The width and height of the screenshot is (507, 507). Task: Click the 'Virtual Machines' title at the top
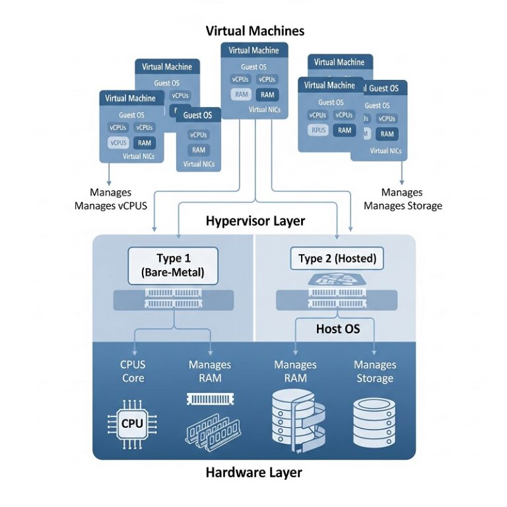[x=255, y=30]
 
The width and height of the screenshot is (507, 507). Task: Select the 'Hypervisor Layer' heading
[x=255, y=220]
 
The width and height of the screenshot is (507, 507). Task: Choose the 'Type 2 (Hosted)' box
[x=337, y=259]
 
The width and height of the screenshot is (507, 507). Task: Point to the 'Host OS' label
[x=338, y=328]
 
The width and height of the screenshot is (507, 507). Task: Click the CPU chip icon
[x=132, y=423]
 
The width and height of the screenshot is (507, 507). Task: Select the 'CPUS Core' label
[x=132, y=371]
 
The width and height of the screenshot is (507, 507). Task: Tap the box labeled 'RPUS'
[x=318, y=130]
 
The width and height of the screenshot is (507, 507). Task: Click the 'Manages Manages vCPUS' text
[x=110, y=199]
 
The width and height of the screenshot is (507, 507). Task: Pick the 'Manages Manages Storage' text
[x=402, y=199]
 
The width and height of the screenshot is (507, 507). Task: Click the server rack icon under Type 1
[x=174, y=298]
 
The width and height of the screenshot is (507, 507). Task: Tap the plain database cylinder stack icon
[x=374, y=422]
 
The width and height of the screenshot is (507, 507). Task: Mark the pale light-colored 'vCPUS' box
[x=119, y=143]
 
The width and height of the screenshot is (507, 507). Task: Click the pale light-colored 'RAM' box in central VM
[x=241, y=94]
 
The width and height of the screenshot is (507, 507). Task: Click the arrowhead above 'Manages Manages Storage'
[x=402, y=182]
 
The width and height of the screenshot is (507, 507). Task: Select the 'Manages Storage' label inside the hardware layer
[x=374, y=371]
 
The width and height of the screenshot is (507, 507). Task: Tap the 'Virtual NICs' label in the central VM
[x=253, y=110]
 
